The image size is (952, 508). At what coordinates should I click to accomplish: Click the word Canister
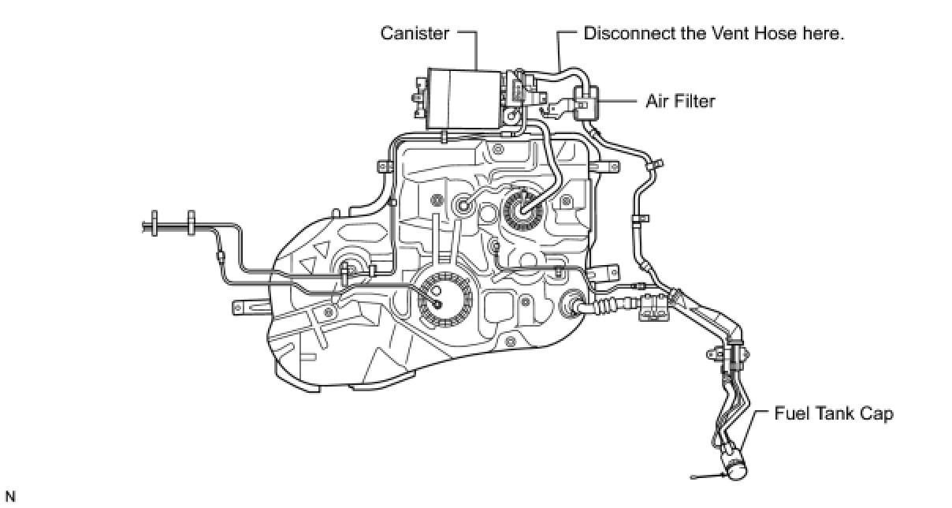[x=415, y=34]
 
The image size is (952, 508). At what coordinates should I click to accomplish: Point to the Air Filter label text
[x=681, y=101]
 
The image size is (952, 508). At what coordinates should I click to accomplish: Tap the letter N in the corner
[x=9, y=496]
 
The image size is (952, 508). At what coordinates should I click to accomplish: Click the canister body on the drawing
[x=462, y=98]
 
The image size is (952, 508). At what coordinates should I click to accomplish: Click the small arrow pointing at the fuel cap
[x=709, y=474]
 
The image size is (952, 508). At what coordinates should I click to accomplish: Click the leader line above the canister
[x=478, y=49]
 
